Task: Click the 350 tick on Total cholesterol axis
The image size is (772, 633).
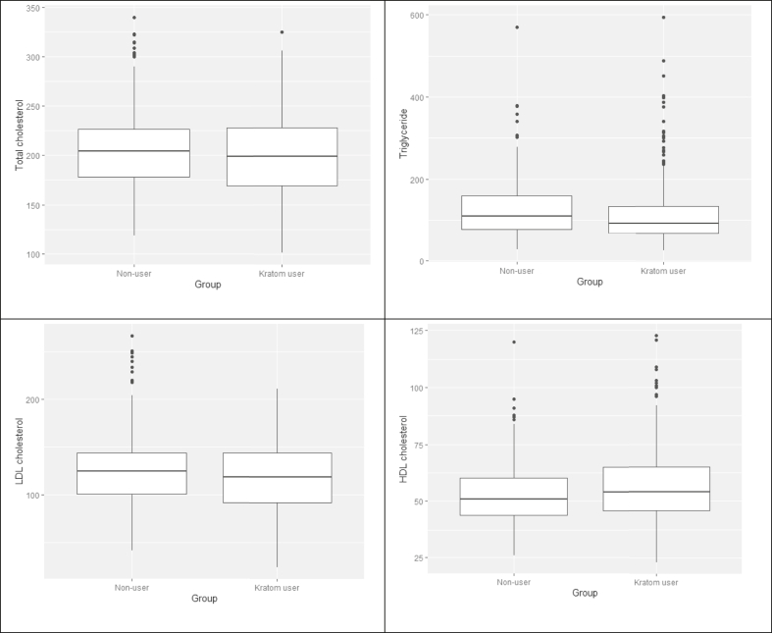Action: click(x=32, y=8)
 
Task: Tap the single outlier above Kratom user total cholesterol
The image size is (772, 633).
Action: click(x=282, y=32)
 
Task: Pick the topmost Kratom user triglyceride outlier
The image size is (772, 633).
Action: click(x=663, y=17)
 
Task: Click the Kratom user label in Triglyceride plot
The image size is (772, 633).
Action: click(x=663, y=271)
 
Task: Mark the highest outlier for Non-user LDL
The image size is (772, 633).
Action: click(x=131, y=336)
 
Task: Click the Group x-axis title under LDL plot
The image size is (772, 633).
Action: click(x=204, y=599)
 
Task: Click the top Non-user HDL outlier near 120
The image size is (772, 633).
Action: click(x=513, y=343)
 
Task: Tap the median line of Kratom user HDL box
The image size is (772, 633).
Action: click(x=657, y=492)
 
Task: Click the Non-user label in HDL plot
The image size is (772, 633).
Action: click(x=513, y=582)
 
